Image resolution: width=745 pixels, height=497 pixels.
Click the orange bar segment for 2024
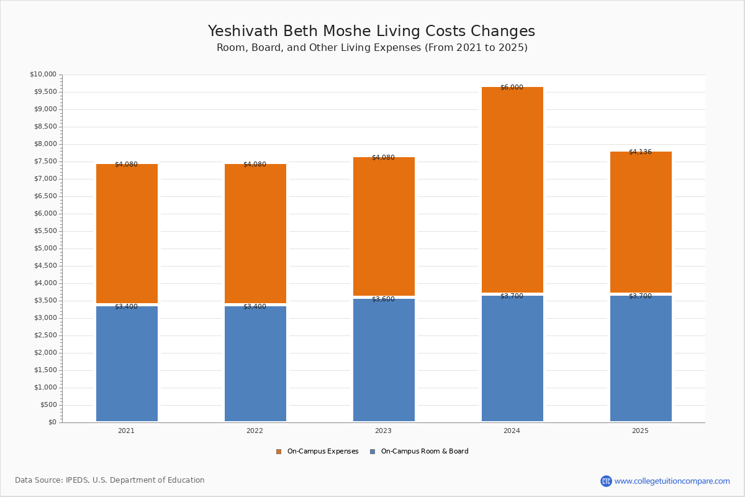coord(512,189)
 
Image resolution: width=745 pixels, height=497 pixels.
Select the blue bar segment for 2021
coord(127,363)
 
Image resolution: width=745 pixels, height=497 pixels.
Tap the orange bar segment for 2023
coord(384,226)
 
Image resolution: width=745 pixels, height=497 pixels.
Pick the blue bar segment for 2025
coord(641,358)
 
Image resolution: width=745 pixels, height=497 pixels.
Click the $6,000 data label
coord(512,87)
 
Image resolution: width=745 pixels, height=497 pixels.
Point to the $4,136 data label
coord(640,152)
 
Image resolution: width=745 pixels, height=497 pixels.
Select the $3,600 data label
coord(383,299)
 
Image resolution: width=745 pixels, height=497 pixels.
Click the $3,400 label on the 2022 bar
coord(255,306)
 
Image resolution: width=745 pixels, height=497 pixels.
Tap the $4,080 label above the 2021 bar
coord(127,164)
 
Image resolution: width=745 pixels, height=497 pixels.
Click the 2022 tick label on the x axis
coord(255,431)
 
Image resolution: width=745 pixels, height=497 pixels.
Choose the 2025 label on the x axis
coord(640,431)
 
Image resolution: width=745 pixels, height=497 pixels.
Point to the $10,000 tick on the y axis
coord(43,74)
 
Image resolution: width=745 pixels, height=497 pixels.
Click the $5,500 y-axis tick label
coord(45,230)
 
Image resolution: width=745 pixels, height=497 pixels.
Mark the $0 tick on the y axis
coord(53,422)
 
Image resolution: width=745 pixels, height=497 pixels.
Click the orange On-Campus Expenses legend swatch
coord(279,452)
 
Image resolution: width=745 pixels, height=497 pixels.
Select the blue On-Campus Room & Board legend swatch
coord(372,452)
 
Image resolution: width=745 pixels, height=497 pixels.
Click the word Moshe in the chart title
coord(347,31)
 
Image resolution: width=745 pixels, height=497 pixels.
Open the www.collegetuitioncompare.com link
coord(672,481)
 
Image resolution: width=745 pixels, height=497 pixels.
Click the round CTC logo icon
coord(606,481)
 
